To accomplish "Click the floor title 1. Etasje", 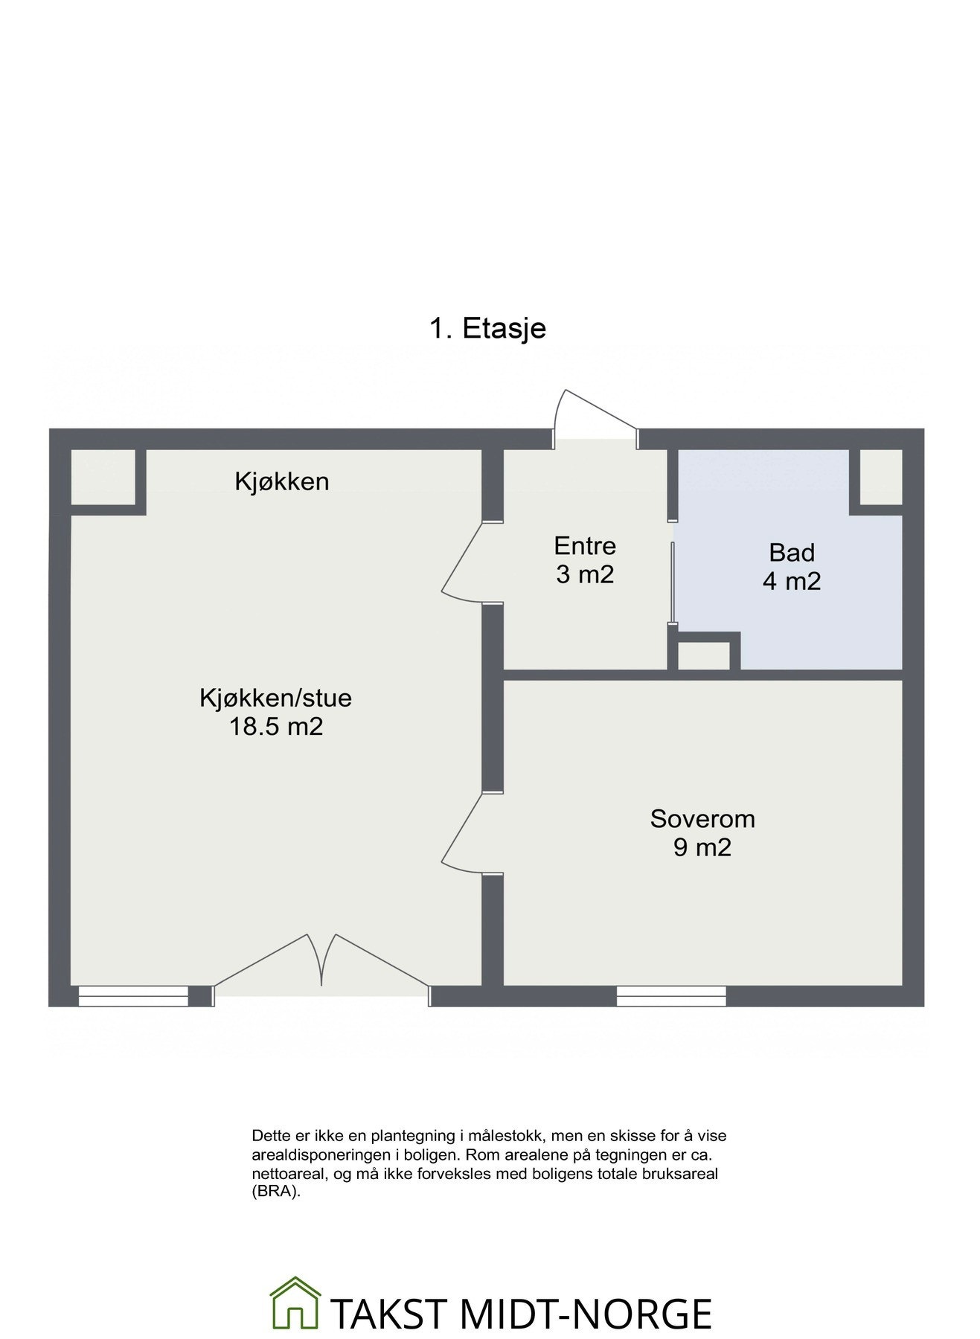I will click(x=487, y=328).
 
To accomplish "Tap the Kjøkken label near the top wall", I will click(x=281, y=482).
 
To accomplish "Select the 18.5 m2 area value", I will click(x=275, y=726).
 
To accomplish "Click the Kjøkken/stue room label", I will click(x=275, y=698).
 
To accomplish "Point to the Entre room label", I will click(x=585, y=546).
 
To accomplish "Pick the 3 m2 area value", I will click(x=585, y=574).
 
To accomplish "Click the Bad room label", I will click(x=792, y=553).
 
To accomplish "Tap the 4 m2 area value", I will click(x=792, y=581).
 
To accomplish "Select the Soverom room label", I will click(x=702, y=819).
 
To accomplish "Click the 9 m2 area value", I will click(x=702, y=847).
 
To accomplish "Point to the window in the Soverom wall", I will click(x=671, y=996).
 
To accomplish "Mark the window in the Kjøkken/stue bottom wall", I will click(x=133, y=996).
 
